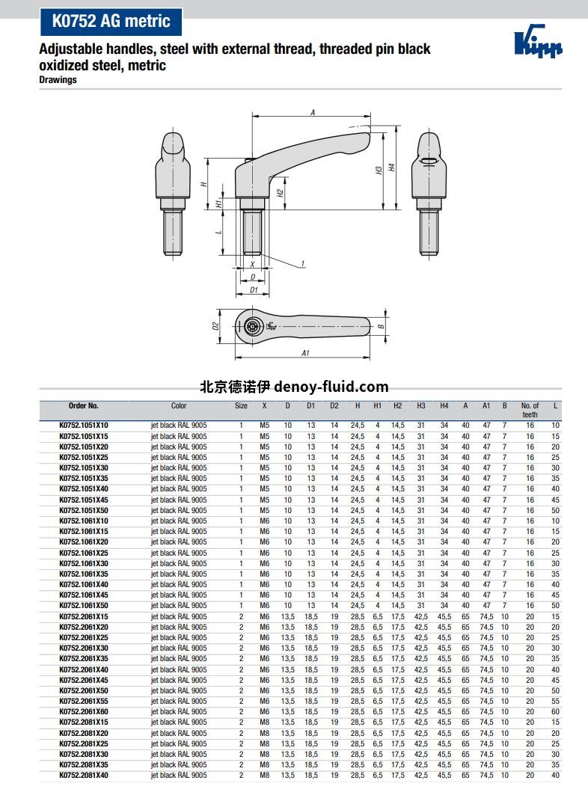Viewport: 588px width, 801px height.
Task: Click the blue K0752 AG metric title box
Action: (x=111, y=21)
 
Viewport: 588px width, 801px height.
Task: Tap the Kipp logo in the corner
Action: (x=537, y=41)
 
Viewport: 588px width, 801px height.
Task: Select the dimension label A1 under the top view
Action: (x=305, y=352)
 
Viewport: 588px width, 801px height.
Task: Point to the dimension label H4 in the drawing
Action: (x=392, y=167)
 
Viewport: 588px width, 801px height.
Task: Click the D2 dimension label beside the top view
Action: (x=215, y=325)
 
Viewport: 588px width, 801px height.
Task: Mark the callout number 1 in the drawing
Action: (x=303, y=263)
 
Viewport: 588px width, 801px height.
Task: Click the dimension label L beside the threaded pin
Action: (x=218, y=232)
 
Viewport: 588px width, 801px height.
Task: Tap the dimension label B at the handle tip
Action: (x=381, y=326)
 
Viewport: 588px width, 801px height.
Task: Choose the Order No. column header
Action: (x=83, y=405)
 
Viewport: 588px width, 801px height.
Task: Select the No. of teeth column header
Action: (x=530, y=410)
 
